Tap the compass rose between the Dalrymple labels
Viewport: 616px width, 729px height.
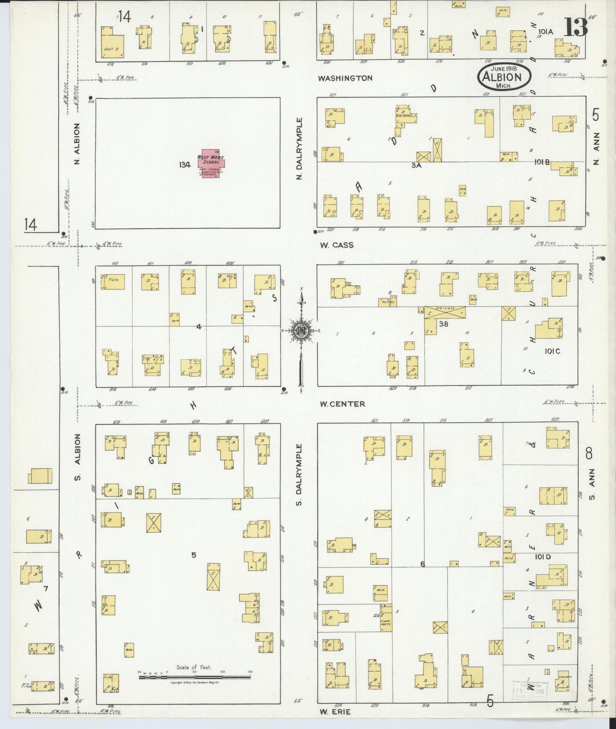[x=301, y=331]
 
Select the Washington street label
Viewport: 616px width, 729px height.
[x=345, y=78]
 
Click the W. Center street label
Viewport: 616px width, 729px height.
[x=342, y=404]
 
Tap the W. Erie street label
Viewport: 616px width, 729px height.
[x=335, y=712]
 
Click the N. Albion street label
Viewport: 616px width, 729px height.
[x=77, y=144]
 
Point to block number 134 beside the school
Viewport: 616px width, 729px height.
[x=185, y=165]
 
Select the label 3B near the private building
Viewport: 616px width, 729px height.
[x=444, y=324]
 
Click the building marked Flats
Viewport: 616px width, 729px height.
[x=113, y=282]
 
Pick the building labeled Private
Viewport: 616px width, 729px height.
[x=445, y=312]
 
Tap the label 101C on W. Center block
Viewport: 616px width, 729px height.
[x=552, y=351]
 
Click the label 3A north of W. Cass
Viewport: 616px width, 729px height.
[x=416, y=166]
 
